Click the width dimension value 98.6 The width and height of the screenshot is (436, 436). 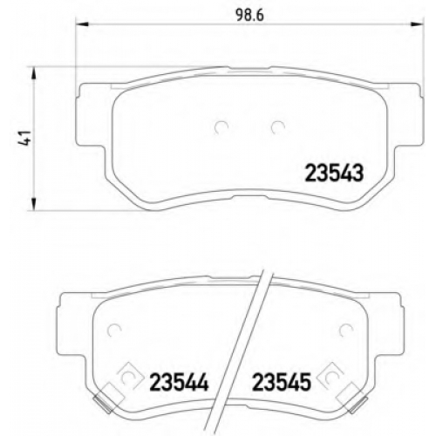[250, 15]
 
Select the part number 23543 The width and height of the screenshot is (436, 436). [334, 173]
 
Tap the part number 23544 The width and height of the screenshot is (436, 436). [179, 382]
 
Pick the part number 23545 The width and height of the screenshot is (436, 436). [282, 382]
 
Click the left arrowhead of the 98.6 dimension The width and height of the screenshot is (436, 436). [82, 25]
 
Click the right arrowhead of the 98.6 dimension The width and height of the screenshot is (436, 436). [417, 25]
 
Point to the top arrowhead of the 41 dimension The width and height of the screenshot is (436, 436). [34, 72]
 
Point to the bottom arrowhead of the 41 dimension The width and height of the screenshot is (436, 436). [34, 203]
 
